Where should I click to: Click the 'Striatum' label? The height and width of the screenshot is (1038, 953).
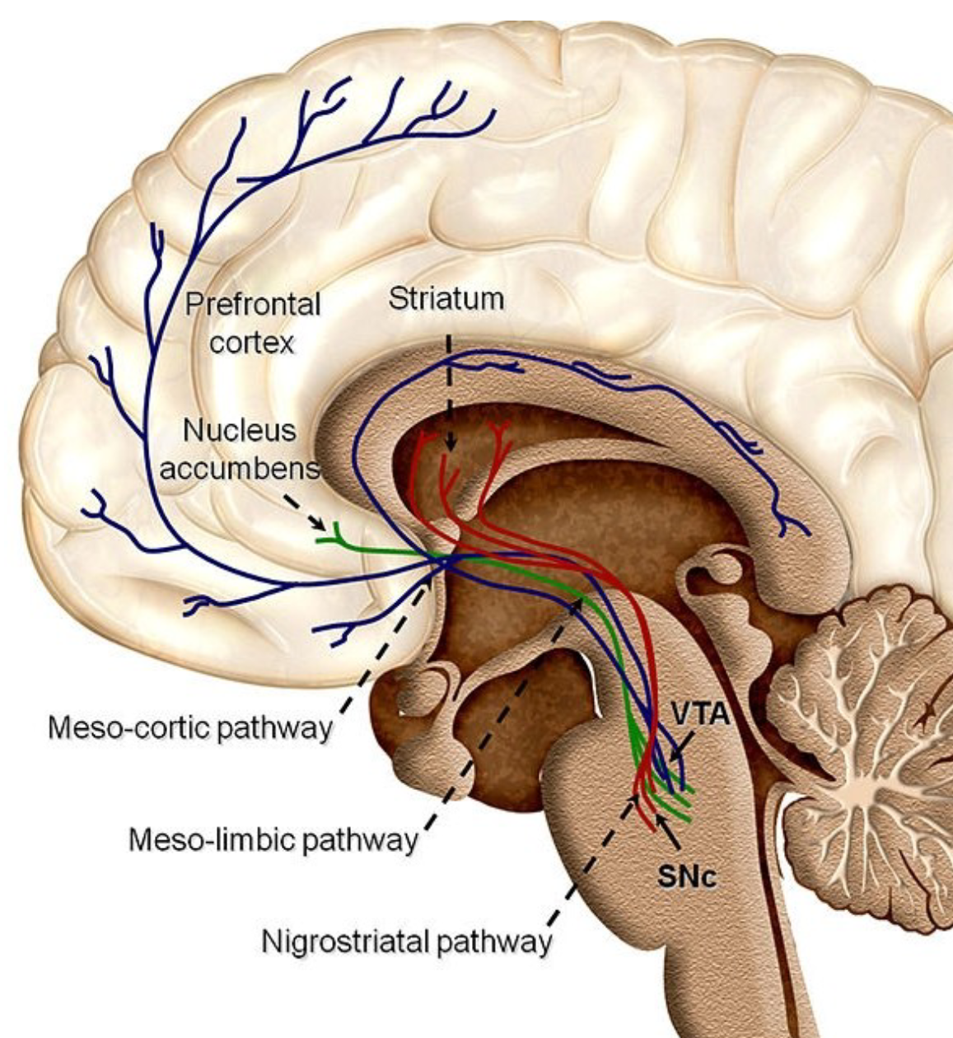pos(446,299)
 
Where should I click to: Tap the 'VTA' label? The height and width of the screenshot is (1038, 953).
pos(699,713)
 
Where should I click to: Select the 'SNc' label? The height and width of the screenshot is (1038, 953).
pos(688,877)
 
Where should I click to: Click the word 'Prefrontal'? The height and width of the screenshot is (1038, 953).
pos(252,305)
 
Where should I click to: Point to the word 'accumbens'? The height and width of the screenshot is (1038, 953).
pos(240,470)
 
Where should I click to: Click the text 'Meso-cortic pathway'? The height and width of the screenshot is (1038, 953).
pos(189,728)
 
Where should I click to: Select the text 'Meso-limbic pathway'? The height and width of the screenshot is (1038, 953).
pos(273,840)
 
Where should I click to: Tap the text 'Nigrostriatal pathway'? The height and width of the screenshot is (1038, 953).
pos(406,941)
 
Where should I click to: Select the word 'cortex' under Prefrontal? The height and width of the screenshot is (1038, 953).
pos(252,342)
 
